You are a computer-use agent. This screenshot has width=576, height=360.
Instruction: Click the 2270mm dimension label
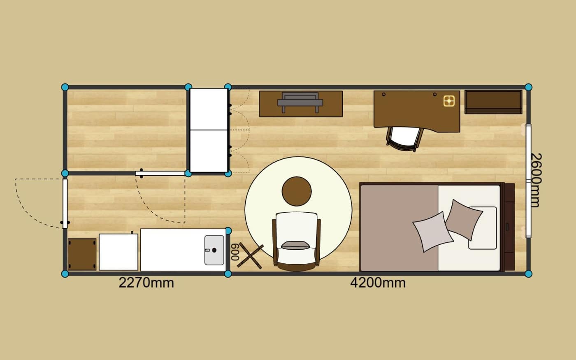[x=146, y=283]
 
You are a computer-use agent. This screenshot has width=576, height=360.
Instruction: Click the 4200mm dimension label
[x=378, y=283]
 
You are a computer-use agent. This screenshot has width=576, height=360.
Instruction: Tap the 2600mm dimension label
[x=536, y=180]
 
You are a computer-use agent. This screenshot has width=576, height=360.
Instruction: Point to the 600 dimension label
[x=235, y=252]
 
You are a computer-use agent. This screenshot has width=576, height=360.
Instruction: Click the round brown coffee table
[x=297, y=191]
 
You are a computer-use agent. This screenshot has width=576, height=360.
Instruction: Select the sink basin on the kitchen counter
[x=214, y=250]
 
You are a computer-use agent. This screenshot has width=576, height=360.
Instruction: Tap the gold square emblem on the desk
[x=449, y=101]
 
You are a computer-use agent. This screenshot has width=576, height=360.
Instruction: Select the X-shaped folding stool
[x=250, y=255]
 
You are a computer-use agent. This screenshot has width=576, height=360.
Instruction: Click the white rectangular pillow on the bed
[x=483, y=228]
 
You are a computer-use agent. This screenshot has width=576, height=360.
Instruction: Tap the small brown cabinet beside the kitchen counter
[x=82, y=254]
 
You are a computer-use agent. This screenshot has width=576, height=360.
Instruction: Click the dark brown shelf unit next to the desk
[x=493, y=102]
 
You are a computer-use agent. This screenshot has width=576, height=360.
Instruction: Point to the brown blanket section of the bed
[x=399, y=228]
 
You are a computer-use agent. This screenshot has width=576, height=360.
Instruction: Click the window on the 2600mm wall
[x=528, y=181]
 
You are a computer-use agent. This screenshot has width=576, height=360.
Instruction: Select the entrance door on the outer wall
[x=65, y=203]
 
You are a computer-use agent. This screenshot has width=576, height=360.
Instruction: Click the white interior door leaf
[x=160, y=173]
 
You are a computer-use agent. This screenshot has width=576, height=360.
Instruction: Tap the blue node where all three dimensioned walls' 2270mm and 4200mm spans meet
[x=228, y=274]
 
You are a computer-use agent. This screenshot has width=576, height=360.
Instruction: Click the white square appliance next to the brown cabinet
[x=118, y=252]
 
